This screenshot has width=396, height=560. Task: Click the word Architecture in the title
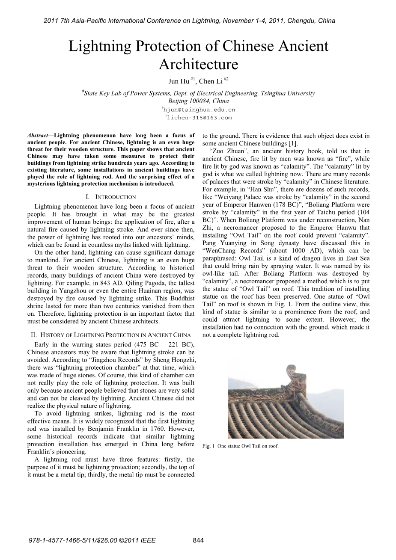click(198, 64)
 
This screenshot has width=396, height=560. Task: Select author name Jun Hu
click(179, 82)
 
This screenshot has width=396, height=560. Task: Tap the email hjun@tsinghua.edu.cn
click(199, 110)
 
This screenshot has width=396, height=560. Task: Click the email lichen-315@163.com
click(199, 118)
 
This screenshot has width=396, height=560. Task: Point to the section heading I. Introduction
click(111, 197)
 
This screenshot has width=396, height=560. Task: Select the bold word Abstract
click(38, 136)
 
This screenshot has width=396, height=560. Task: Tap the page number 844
click(198, 540)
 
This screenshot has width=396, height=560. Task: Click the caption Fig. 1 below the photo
click(240, 446)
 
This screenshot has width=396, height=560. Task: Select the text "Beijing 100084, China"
click(198, 101)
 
